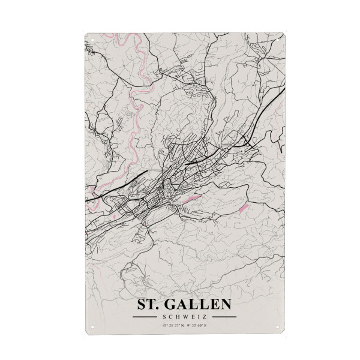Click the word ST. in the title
coord(149,304)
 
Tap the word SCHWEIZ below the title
coord(185,317)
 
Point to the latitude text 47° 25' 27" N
coord(173,326)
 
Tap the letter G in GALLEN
coord(173,304)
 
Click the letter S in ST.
coord(143,304)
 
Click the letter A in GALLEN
coord(184,304)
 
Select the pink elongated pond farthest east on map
coord(244,208)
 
